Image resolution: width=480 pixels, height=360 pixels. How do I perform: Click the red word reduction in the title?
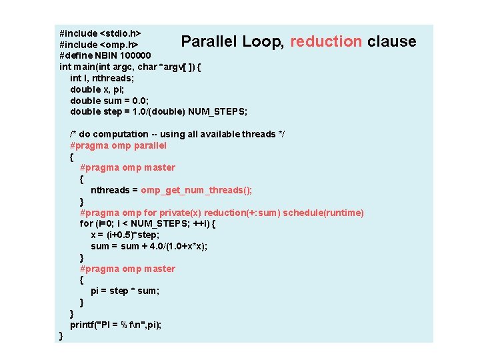[326, 41]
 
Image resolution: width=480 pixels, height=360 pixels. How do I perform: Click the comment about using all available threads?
[177, 134]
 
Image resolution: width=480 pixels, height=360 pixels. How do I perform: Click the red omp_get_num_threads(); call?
[196, 190]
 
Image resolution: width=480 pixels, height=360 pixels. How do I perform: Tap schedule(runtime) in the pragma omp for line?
[323, 213]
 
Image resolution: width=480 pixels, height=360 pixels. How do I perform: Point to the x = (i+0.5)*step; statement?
[125, 235]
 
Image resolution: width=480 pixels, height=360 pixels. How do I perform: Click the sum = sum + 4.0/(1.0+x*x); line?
[149, 246]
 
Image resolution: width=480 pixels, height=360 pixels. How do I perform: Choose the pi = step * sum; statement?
[125, 291]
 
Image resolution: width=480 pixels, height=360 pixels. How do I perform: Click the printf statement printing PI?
[116, 325]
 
